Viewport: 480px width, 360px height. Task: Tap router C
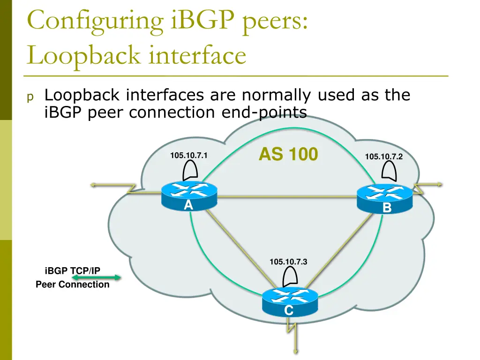[x=289, y=300]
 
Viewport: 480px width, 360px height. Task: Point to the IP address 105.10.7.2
[x=383, y=157]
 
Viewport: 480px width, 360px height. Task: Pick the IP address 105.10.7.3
[x=288, y=262]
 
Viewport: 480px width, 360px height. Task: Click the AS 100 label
[x=288, y=154]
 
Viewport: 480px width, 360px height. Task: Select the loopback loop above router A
[x=191, y=171]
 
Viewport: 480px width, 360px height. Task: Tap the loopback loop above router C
[x=291, y=277]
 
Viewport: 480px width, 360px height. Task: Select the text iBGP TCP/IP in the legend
[x=72, y=270]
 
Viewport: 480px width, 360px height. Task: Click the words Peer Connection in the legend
[x=72, y=284]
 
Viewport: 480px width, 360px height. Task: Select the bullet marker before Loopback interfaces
[x=30, y=97]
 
